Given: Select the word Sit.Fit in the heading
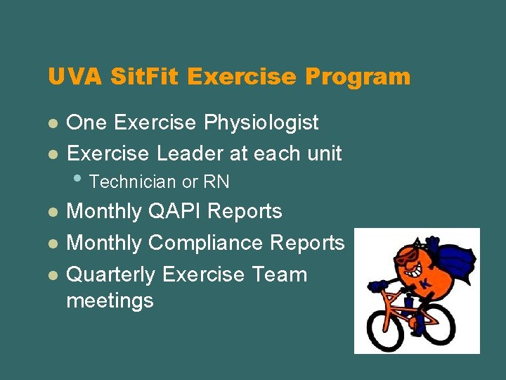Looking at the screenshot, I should point(138,77).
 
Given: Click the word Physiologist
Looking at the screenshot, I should point(261,122).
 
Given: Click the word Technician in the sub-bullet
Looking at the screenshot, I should point(134,182).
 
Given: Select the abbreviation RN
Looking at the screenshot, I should point(216,182).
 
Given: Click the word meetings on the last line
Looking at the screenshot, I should point(110,301).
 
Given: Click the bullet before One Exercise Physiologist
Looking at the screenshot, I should point(52,123).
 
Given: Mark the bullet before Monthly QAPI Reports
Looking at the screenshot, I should point(52,212).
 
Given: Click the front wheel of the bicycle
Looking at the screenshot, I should point(384,328).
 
